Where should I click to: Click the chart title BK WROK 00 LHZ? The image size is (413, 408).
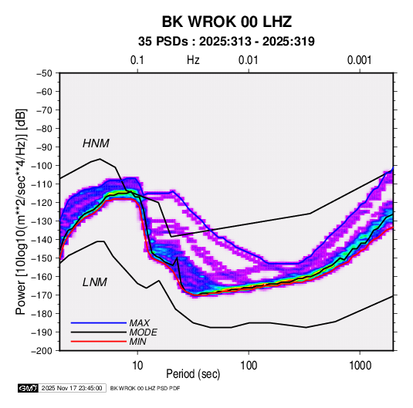227,22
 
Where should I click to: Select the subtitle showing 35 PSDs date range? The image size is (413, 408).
226,42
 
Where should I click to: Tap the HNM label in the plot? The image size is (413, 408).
96,143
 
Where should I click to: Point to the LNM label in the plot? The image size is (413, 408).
95,282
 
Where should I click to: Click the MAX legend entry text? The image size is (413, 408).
140,322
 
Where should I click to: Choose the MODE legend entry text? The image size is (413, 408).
144,332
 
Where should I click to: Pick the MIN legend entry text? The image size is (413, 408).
137,342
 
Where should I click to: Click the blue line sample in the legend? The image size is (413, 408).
99,323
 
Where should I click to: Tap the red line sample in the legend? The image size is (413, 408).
99,342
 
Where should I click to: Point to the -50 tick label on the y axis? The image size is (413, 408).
44,73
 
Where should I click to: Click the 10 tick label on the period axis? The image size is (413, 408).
137,366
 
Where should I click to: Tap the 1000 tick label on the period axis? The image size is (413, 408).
360,366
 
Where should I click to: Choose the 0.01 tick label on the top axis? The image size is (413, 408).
248,60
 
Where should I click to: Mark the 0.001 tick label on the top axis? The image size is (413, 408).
359,60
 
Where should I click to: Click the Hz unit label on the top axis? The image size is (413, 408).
193,60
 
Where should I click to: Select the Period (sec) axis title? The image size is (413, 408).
193,374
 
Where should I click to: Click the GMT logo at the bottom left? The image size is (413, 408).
29,388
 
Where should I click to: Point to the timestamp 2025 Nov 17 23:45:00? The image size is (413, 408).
72,388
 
